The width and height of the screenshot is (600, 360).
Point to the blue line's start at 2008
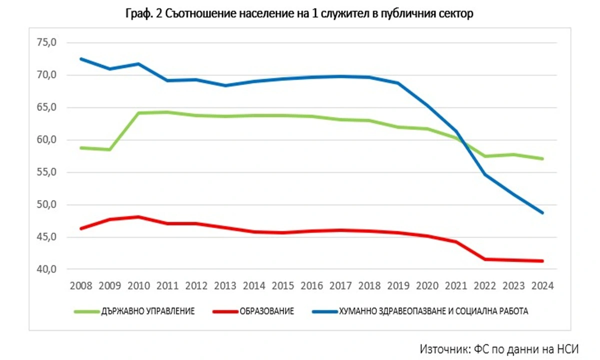tap(81, 59)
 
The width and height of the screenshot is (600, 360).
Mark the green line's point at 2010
tap(138, 113)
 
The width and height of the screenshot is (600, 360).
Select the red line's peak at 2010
tap(138, 217)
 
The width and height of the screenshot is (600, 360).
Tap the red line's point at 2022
tap(484, 259)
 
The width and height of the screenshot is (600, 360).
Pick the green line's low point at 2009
tap(110, 149)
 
